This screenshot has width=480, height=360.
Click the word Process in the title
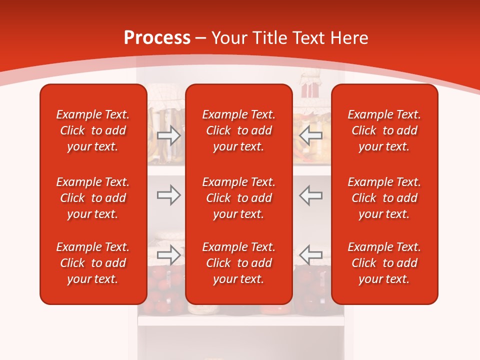[157, 38]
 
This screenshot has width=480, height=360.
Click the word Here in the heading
[348, 38]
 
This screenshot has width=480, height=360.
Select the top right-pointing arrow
[168, 135]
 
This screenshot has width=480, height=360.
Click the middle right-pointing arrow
[168, 195]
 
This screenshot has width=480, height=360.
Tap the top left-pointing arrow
[311, 135]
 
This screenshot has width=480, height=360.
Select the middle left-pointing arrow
[311, 195]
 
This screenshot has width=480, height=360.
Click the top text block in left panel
[93, 130]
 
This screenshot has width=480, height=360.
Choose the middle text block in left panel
[93, 198]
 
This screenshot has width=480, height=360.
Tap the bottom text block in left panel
[93, 263]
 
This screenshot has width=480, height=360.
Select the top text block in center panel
[238, 130]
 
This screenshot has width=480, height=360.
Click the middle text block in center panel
[238, 198]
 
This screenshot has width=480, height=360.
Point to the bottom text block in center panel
[238, 263]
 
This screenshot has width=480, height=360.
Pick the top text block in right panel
[384, 130]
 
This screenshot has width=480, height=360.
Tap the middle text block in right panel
[384, 198]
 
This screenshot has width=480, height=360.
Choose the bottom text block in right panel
[384, 263]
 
